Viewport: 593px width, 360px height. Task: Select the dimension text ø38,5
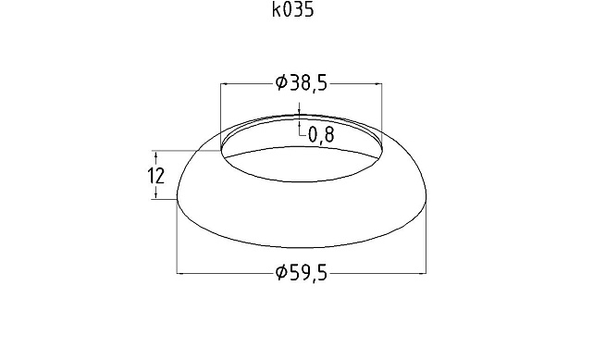pyautogui.click(x=303, y=83)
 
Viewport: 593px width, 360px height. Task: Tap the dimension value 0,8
pyautogui.click(x=320, y=135)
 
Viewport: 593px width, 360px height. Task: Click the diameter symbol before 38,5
pyautogui.click(x=281, y=83)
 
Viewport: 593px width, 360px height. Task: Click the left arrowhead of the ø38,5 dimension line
pyautogui.click(x=225, y=83)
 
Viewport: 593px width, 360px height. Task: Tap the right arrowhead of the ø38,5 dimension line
pyautogui.click(x=379, y=83)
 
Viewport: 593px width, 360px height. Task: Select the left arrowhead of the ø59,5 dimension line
pyautogui.click(x=181, y=273)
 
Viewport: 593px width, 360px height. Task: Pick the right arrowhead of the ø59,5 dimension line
pyautogui.click(x=426, y=273)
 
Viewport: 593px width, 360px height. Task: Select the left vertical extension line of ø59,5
pyautogui.click(x=178, y=241)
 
